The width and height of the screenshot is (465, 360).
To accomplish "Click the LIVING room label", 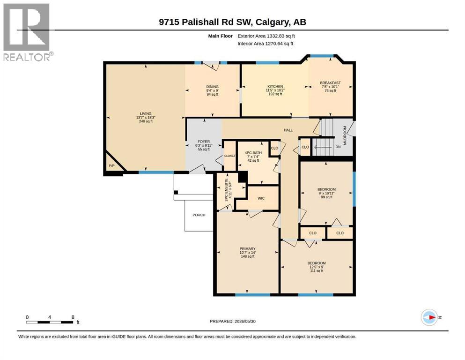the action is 146,113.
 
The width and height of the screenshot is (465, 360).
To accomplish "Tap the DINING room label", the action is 212,87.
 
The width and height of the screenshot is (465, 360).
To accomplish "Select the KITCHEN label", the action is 275,86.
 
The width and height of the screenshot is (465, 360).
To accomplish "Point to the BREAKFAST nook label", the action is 330,83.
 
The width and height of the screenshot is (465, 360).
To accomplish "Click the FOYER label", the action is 204,142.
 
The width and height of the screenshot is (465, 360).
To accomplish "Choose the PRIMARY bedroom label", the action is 248,249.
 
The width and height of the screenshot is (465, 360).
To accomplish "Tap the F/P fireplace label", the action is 111,165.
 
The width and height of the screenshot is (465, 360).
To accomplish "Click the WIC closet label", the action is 261,198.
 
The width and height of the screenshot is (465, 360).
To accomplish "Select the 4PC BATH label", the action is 253,153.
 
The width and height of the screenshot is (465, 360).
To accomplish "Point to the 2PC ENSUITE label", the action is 226,190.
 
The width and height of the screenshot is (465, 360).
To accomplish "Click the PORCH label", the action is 199,215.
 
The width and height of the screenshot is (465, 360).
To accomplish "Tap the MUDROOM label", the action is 345,135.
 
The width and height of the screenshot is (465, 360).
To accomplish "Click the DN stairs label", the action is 338,147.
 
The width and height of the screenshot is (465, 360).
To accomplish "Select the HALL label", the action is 288,130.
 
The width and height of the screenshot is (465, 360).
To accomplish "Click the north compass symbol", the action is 429,317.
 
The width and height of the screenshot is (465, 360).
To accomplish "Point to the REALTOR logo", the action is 27,31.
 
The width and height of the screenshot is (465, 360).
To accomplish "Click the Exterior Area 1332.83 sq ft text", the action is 266,36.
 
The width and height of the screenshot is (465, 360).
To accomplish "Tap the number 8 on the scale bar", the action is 73,317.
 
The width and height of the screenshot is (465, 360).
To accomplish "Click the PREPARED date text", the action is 232,321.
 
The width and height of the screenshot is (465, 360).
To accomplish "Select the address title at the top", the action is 232,22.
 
